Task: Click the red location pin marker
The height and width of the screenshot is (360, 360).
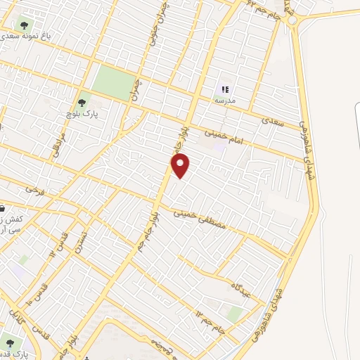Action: pos(181,165)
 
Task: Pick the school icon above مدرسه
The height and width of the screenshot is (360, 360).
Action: pos(225,89)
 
